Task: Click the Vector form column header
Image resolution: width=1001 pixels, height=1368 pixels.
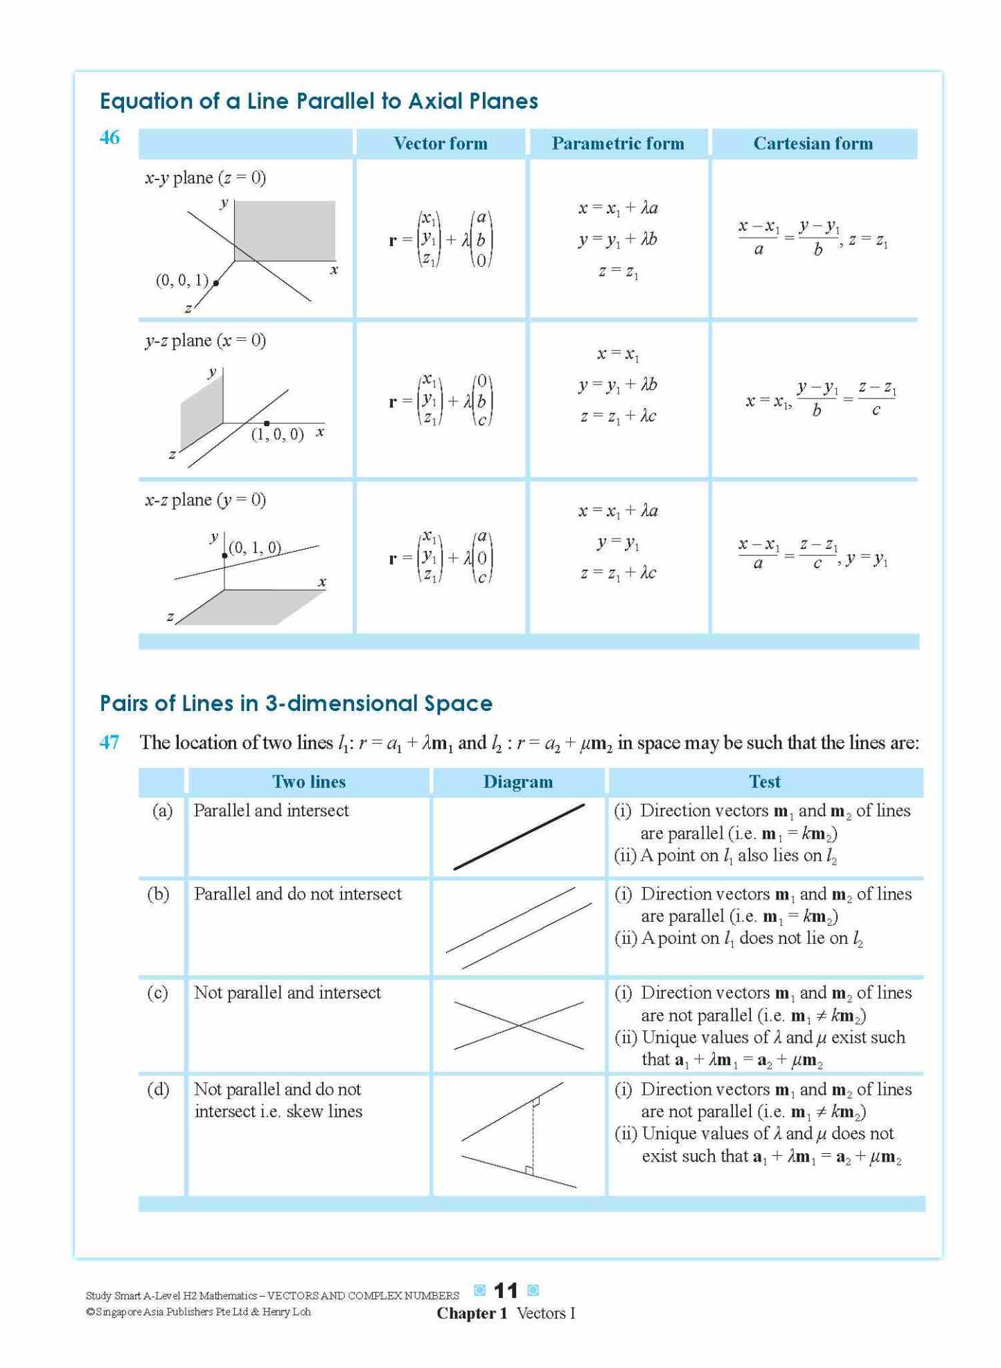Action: coord(440,143)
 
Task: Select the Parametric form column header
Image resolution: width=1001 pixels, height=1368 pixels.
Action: coord(617,143)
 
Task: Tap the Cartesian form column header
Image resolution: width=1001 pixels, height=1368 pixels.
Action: coord(813,143)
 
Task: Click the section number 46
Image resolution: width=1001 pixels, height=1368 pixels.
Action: coord(109,137)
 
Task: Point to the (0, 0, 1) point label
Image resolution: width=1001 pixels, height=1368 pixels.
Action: coord(181,280)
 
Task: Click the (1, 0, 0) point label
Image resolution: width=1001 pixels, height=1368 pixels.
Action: coord(277,435)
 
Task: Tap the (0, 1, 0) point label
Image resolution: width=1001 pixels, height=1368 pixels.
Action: coord(255,547)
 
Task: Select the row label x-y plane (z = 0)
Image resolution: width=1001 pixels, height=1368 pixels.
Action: coord(205,178)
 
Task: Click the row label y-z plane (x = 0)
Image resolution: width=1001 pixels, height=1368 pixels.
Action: coord(205,340)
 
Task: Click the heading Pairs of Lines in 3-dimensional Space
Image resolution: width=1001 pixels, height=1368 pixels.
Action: coord(296,703)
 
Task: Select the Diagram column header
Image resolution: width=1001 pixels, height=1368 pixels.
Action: coord(517,782)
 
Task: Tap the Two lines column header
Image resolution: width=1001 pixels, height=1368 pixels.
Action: coord(308,782)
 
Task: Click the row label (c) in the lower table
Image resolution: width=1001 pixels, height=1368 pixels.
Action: coord(157,992)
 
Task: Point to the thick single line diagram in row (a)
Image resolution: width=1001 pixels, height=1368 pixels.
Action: coord(519,836)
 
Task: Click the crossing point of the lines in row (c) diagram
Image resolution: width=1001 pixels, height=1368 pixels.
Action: coord(519,1025)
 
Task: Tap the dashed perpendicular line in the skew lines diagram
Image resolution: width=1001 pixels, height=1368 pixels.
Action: coord(533,1137)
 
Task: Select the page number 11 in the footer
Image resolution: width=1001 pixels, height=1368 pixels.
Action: coord(506,1290)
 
